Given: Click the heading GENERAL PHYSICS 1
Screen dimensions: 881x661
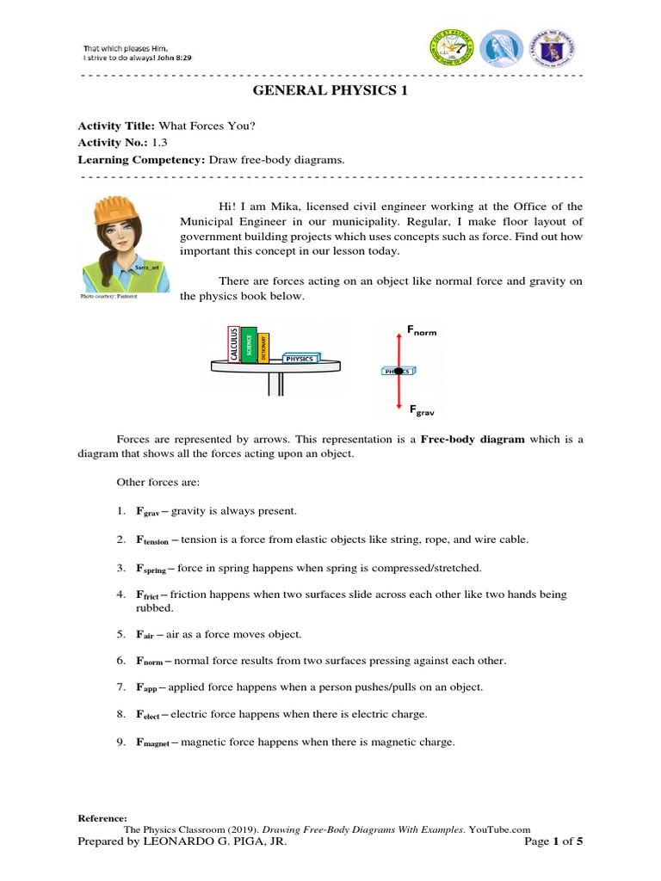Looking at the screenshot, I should tap(330, 93).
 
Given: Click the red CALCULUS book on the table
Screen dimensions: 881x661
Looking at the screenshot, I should tap(233, 345).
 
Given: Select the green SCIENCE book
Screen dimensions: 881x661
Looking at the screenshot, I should tap(249, 344).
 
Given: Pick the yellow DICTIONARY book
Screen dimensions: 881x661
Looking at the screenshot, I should tap(263, 348).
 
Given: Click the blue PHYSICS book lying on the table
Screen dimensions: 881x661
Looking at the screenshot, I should tap(300, 358).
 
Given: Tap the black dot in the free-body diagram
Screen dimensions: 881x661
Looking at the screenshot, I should tap(398, 371).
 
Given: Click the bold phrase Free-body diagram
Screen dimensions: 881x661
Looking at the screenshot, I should tap(472, 439).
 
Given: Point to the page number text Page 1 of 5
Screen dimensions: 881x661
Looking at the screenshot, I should tap(553, 841).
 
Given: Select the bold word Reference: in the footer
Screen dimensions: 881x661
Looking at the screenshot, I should tap(102, 817).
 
